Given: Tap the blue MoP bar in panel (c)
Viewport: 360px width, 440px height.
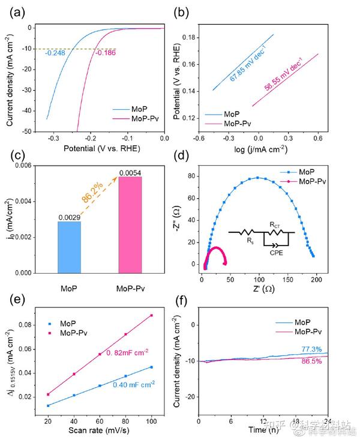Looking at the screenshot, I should [x=69, y=247].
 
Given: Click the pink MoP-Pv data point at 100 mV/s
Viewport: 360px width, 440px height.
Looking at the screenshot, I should [x=152, y=315].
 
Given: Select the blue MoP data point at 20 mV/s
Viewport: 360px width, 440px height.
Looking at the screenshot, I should [x=48, y=405].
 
